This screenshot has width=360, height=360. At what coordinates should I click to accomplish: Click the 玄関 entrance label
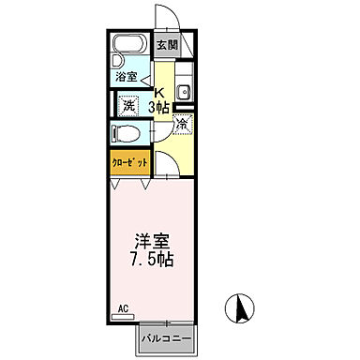pos(167,44)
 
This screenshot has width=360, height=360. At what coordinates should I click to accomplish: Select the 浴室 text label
pos(126,76)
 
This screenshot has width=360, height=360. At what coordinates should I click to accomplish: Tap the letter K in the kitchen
pos(160,91)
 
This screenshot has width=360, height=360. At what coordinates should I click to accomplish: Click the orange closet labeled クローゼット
pos(130,161)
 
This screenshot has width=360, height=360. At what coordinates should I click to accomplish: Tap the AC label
pos(122,307)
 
